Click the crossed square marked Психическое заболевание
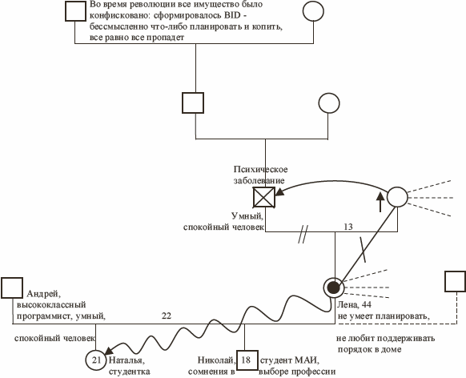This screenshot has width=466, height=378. [264, 197]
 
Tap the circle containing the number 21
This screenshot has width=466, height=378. [96, 360]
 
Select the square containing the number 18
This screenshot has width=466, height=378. [247, 360]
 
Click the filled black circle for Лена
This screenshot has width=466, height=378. [333, 288]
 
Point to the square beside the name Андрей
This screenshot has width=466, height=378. [12, 288]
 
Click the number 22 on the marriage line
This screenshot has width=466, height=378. [167, 316]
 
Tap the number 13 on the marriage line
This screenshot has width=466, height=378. [348, 227]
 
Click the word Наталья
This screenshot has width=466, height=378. [127, 360]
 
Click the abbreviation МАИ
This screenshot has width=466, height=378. [306, 360]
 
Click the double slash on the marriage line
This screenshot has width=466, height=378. [303, 234]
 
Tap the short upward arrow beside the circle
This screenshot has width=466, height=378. [380, 203]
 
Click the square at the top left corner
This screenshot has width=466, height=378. [75, 11]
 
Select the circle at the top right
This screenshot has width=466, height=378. [313, 11]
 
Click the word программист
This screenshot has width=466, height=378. [44, 316]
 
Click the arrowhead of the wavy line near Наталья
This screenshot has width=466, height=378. [108, 350]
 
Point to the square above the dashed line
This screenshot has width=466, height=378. [456, 281]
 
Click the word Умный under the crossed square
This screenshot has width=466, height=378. [247, 215]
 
